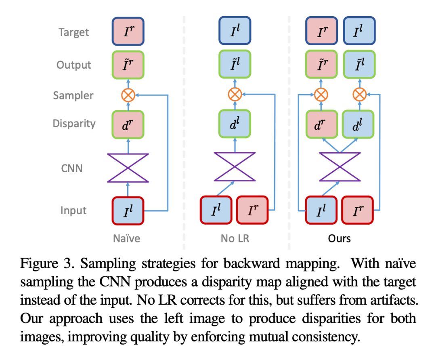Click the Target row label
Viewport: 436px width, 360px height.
point(74,32)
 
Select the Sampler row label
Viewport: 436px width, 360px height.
point(73,96)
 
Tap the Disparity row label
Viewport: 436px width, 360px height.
point(74,123)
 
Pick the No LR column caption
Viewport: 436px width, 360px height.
point(235,238)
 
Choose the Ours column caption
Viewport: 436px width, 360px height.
point(340,238)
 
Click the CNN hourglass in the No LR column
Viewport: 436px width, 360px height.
point(235,167)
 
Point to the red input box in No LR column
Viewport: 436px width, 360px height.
point(253,210)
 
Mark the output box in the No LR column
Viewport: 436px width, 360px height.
point(235,65)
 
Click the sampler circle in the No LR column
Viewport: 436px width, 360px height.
point(235,95)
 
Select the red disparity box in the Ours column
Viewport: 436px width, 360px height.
point(321,124)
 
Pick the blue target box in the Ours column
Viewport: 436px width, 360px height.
point(358,32)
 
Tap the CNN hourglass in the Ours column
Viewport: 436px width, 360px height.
point(340,167)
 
